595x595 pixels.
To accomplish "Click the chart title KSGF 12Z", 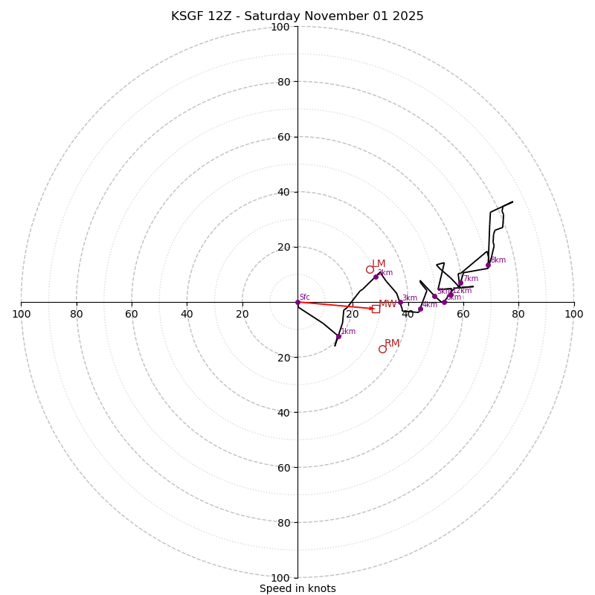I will pos(297,16).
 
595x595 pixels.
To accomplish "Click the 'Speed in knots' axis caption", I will pos(297,588).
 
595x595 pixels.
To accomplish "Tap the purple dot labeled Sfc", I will pos(297,302).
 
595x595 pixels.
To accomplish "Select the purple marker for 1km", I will pos(338,336).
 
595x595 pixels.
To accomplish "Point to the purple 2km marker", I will pos(376,277).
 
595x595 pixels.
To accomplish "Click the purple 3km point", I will pos(400,302).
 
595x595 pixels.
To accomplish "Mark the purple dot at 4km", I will pos(420,309).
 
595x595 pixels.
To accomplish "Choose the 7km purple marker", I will pos(460,283).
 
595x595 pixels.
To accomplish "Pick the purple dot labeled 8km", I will pos(489,265).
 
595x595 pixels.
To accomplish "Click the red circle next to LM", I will pos(370,269).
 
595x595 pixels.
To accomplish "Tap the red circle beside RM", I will pos(382,349).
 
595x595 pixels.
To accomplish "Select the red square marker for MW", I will pos(376,309).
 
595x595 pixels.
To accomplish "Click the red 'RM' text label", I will pos(392,344).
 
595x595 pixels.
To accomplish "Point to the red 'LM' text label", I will pos(379,264).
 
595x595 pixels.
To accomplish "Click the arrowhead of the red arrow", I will pos(371,308).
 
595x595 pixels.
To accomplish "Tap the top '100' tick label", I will pos(280,27).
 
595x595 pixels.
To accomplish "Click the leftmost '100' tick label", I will pos(21,315).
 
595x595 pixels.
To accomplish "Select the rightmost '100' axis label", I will pos(573,315).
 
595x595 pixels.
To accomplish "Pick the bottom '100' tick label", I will pos(280,578).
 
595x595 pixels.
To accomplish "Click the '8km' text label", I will pos(498,260).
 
